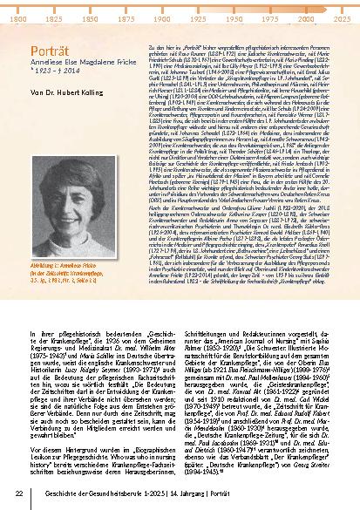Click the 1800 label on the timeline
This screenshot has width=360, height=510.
(15, 17)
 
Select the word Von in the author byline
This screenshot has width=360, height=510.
(35, 91)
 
